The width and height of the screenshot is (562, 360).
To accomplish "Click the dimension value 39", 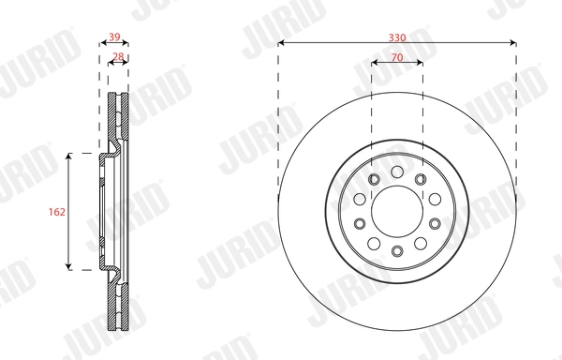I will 114,37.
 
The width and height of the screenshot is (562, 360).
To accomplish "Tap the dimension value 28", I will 118,57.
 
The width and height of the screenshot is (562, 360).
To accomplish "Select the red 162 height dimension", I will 56,213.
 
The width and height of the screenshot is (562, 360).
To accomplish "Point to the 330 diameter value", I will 397,37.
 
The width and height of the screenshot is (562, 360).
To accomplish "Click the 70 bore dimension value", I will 397,58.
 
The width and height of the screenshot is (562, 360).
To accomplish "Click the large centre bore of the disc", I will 396,210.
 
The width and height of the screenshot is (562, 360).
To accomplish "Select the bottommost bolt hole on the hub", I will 396,250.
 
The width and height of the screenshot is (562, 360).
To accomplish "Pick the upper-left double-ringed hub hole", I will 373,180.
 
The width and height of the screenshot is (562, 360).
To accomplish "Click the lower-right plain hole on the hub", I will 421,243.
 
